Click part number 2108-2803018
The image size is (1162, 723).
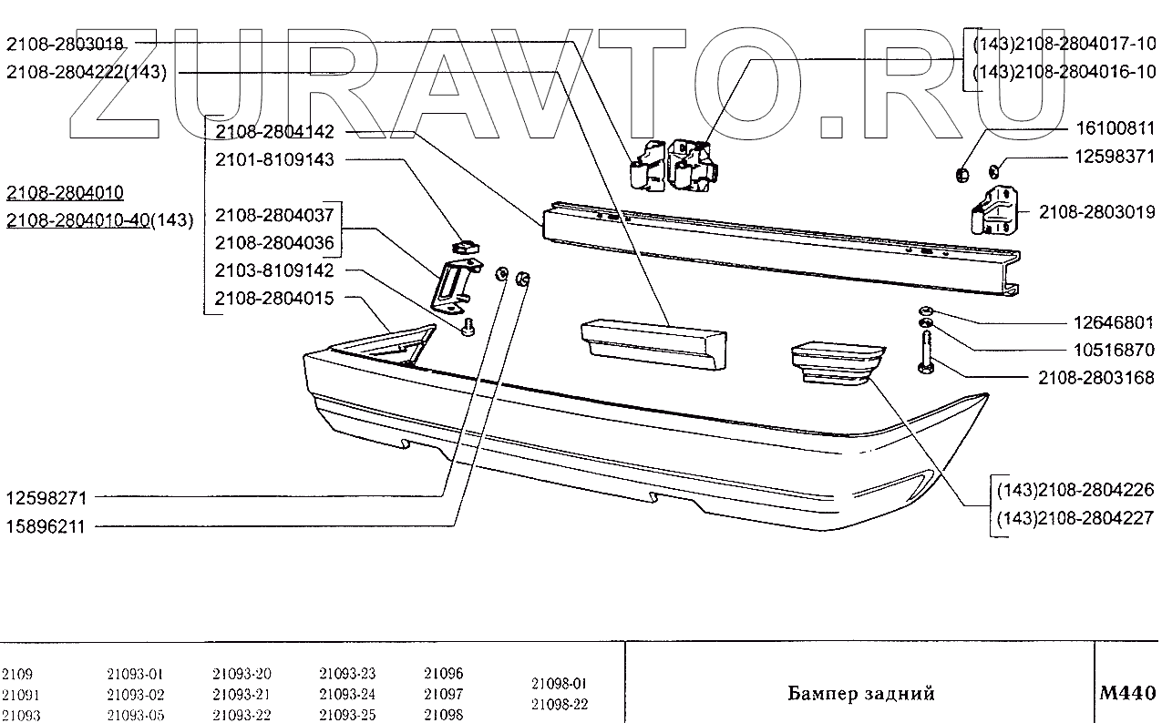coord(65,43)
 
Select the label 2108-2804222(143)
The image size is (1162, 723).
coord(86,73)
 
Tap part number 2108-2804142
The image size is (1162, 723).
coord(275,132)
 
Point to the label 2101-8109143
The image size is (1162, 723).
coord(275,160)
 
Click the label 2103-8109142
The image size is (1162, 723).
coord(275,270)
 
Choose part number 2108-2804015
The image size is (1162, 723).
coord(275,299)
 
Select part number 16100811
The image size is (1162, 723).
coord(1103,128)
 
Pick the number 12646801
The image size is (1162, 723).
coord(1111,322)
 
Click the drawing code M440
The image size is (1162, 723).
coord(1128,693)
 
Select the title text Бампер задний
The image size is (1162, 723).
coord(860,694)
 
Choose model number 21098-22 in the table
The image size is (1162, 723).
coord(559,704)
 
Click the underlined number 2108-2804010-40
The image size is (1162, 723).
coord(78,220)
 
